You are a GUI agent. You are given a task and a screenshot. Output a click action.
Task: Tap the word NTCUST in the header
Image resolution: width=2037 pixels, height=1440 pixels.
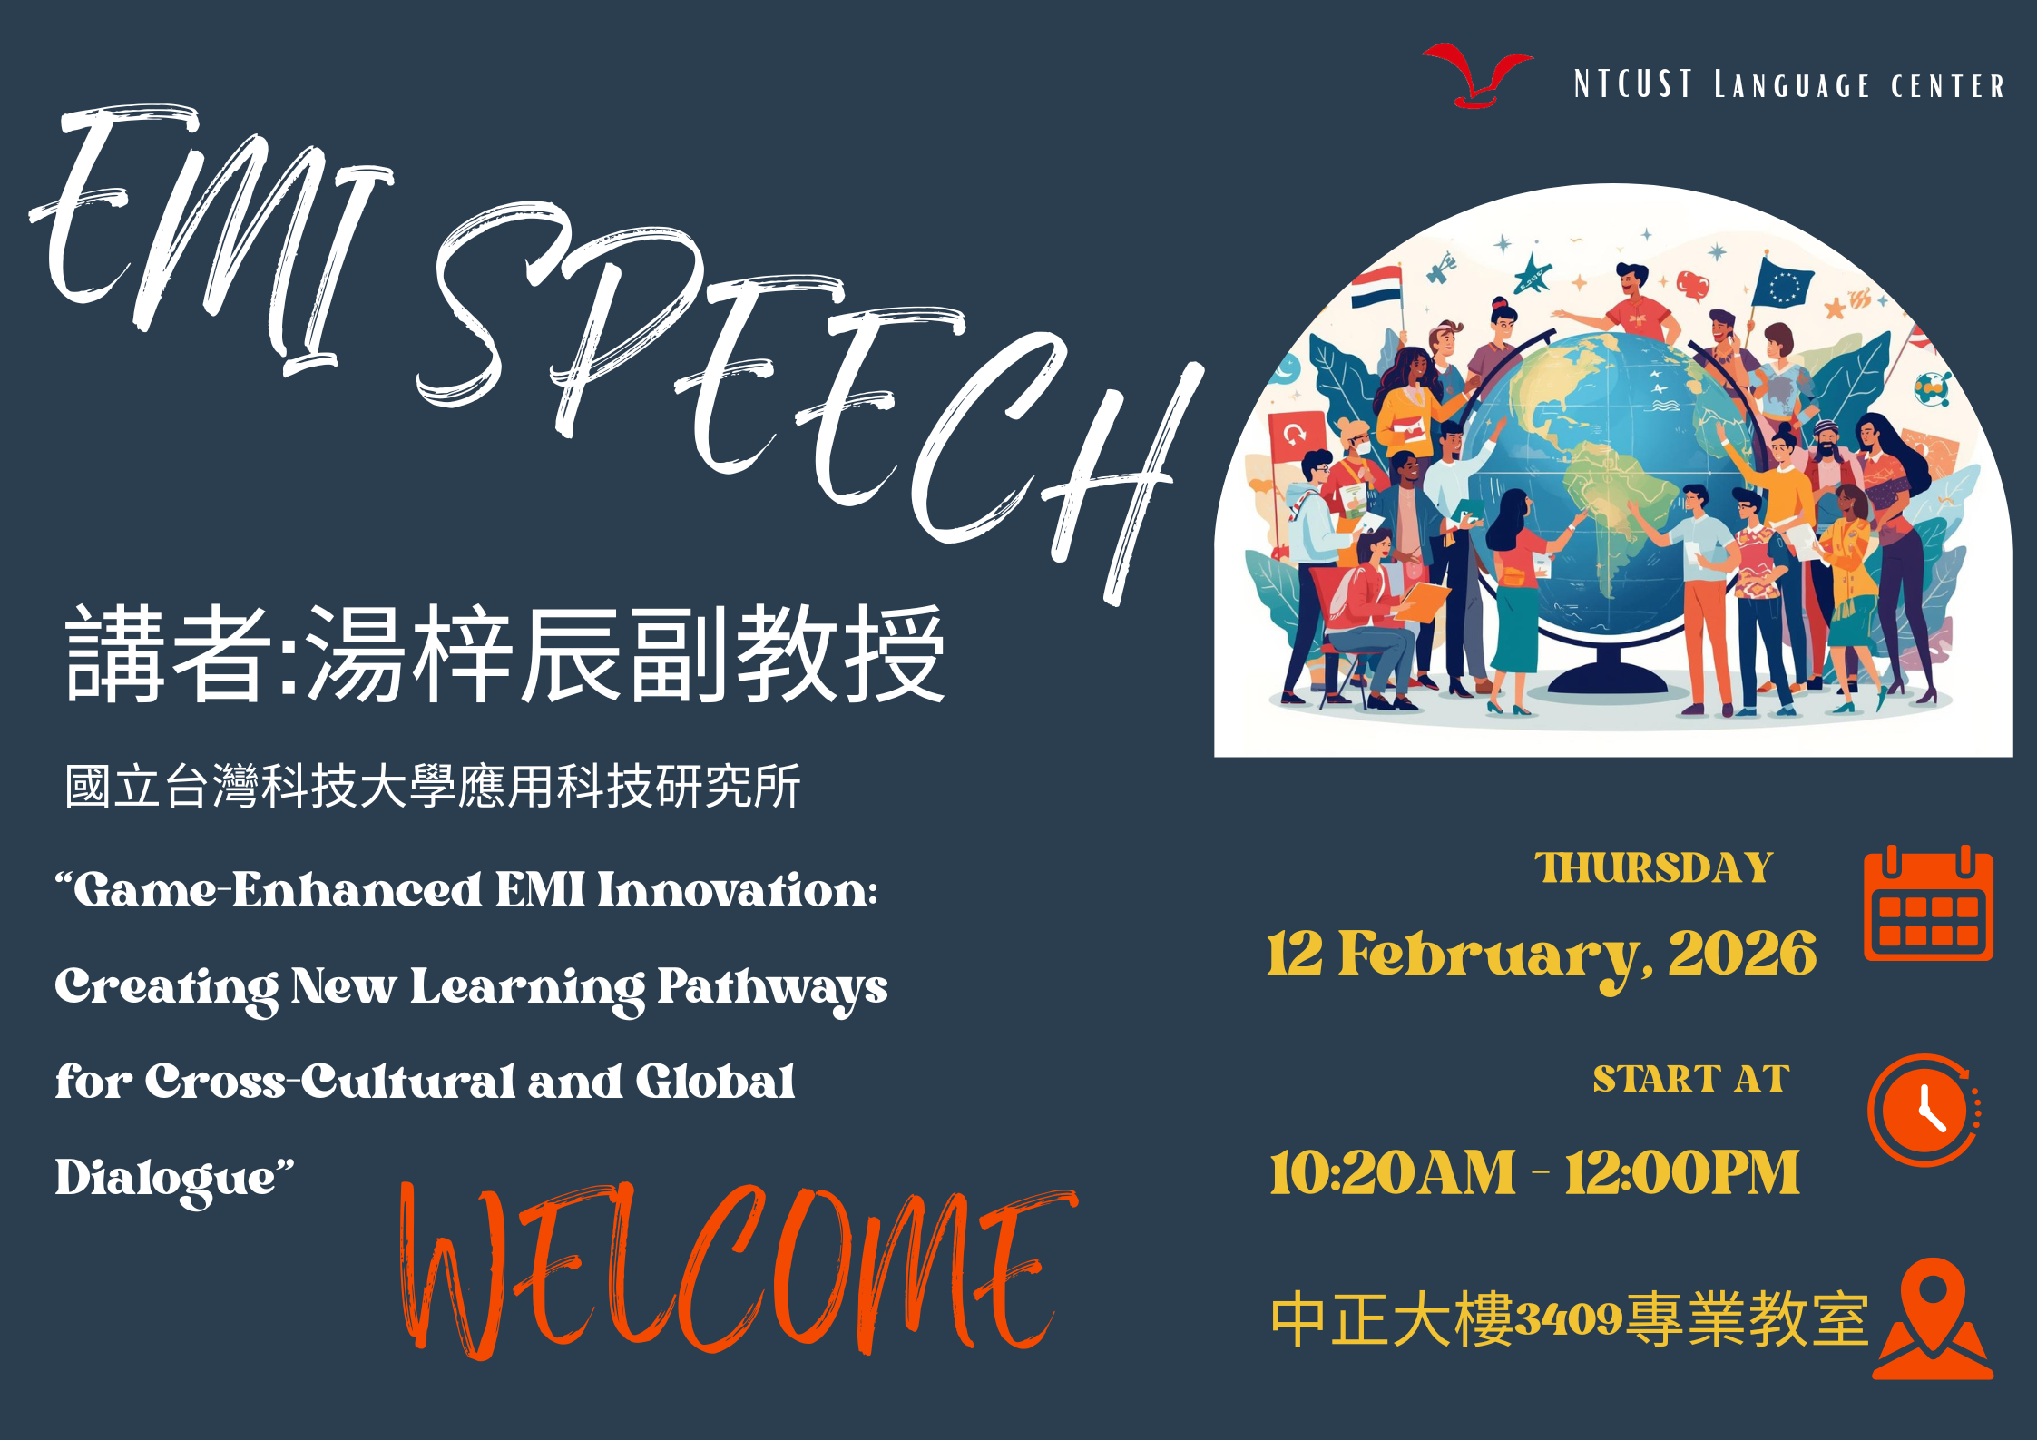[x=1633, y=84]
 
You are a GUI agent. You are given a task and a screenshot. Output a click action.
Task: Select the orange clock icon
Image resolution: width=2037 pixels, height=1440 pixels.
[x=1924, y=1110]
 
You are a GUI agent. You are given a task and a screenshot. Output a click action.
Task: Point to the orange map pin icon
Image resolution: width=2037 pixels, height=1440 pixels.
[x=1934, y=1318]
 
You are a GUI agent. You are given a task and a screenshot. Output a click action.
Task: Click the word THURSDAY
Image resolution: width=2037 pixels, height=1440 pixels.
[x=1653, y=868]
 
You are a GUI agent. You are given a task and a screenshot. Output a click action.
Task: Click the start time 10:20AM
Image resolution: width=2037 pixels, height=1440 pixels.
[x=1392, y=1172]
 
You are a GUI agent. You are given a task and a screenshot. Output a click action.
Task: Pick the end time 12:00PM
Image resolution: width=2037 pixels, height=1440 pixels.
[x=1682, y=1172]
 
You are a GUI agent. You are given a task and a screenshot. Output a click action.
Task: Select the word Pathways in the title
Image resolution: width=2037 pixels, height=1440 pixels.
[x=772, y=989]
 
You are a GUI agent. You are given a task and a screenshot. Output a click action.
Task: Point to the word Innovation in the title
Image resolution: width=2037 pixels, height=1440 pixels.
[x=737, y=890]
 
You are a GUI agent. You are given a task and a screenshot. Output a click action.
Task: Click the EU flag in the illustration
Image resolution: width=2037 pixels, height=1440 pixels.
[x=1783, y=284]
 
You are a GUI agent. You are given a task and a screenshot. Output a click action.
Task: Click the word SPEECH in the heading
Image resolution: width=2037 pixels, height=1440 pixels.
[x=808, y=399]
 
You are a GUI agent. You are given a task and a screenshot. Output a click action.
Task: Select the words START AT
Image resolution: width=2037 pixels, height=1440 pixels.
[x=1691, y=1080]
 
